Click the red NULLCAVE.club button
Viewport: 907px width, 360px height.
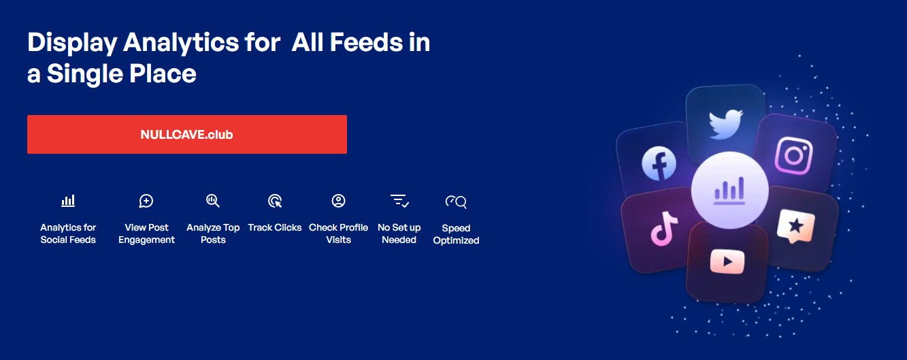point(187,135)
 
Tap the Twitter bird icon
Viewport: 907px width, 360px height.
point(725,124)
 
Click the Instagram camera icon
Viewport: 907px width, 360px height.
point(793,155)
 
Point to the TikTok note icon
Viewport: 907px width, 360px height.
point(663,229)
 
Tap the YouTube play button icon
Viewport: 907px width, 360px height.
point(727,261)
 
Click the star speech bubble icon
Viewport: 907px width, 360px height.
point(795,226)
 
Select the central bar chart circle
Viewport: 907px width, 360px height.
point(729,191)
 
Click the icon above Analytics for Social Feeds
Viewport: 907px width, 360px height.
point(68,201)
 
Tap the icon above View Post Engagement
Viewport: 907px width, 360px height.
point(146,201)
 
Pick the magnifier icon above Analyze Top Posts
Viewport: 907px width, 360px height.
point(212,201)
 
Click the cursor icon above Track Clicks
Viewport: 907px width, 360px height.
point(275,201)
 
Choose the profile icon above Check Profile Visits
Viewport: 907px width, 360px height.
point(338,201)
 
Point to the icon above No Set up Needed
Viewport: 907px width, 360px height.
point(399,201)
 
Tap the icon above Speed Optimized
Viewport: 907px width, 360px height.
point(456,201)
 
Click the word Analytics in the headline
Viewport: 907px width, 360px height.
point(181,43)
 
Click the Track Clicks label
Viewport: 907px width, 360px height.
point(275,227)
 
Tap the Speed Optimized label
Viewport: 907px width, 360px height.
point(456,234)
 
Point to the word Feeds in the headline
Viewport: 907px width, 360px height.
point(367,42)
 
